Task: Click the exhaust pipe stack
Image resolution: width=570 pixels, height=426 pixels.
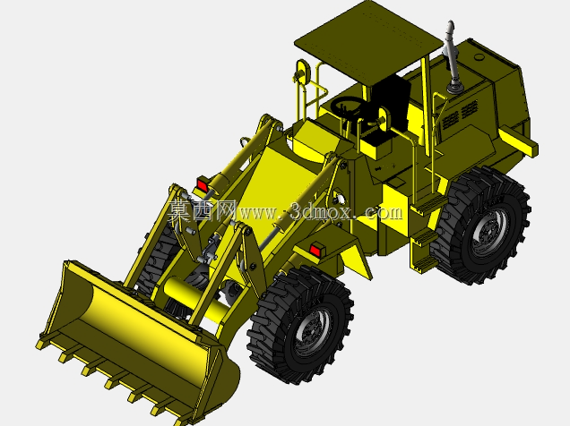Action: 453,58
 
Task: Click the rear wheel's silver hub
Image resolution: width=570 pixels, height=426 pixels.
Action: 489,231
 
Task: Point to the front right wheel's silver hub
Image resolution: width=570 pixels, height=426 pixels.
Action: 312,333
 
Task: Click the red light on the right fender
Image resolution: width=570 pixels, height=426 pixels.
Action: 315,251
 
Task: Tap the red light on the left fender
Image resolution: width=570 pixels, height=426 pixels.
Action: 203,185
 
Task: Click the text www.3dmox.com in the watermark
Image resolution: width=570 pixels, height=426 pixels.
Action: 321,212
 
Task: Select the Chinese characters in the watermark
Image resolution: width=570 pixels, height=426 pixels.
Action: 203,210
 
